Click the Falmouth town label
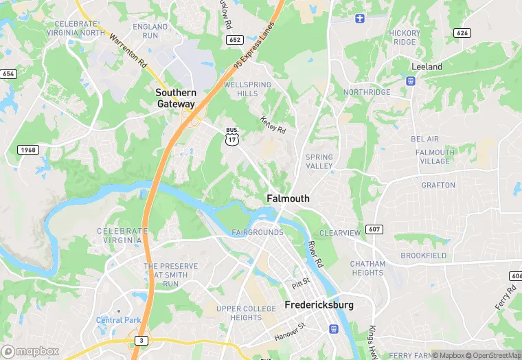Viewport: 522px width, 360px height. coord(288,199)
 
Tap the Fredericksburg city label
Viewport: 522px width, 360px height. coord(319,304)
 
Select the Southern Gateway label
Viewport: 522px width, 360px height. coord(176,98)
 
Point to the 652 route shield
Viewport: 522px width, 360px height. coord(235,40)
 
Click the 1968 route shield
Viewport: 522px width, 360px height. coord(29,150)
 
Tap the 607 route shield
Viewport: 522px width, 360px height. coord(374,229)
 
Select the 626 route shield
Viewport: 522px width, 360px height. coord(462,32)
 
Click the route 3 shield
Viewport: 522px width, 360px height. coord(141,340)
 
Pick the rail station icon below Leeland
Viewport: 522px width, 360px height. coord(411,81)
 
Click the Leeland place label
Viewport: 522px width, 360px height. coord(427,67)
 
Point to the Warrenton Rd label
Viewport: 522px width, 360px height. coord(129,52)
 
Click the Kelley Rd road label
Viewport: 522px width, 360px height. coord(273,124)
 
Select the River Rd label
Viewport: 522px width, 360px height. coord(315,254)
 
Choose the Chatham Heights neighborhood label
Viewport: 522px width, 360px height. coord(367,268)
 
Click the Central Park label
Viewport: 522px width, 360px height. coord(118,320)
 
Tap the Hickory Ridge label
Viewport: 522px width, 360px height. coord(405,37)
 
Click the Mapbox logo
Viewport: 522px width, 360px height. coord(30,351)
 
